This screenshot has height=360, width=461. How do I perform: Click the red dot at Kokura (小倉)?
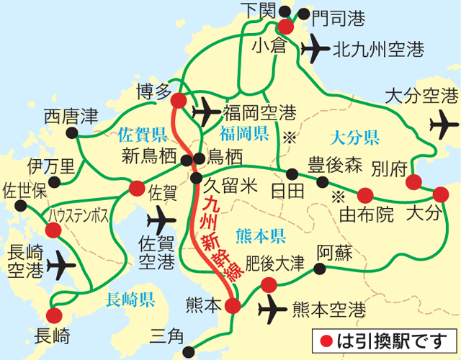[286, 27]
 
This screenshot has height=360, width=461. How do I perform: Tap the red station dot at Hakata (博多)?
[179, 102]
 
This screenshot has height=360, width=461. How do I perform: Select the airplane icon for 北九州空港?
[314, 48]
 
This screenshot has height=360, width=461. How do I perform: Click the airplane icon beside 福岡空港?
[207, 112]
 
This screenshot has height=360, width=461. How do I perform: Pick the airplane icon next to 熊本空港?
[274, 310]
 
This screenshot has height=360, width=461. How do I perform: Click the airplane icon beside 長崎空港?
[61, 266]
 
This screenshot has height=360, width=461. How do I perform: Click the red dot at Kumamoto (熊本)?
[232, 305]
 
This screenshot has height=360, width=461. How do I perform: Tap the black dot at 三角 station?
[189, 352]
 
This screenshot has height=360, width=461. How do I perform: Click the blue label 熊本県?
[261, 235]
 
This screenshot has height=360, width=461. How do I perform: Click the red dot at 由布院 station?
[365, 194]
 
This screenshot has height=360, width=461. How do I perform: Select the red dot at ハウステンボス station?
[53, 230]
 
